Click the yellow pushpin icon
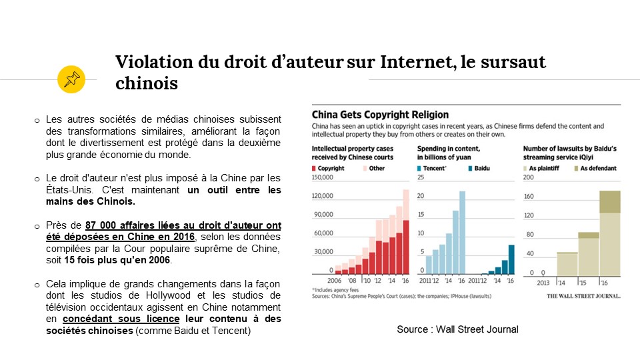click(x=71, y=79)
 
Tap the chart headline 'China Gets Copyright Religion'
click(x=381, y=114)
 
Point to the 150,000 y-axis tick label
click(x=321, y=178)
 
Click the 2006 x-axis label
click(x=321, y=281)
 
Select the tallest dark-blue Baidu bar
click(x=511, y=259)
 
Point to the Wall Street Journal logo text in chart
click(x=584, y=295)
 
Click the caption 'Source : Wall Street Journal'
click(x=457, y=329)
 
